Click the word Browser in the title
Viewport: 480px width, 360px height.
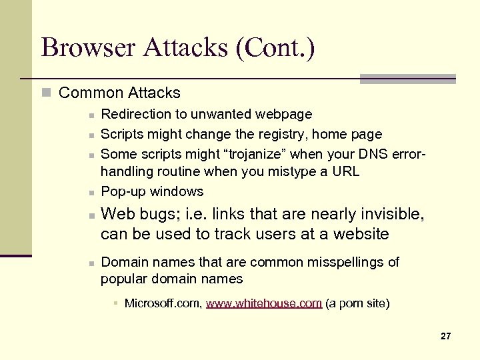(87, 48)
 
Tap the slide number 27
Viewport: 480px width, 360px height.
(445, 337)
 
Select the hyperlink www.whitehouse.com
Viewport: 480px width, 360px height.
(264, 303)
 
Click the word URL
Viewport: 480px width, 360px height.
(345, 172)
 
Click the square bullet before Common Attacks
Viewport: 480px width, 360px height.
(45, 93)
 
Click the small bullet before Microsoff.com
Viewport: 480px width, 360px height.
(115, 304)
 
